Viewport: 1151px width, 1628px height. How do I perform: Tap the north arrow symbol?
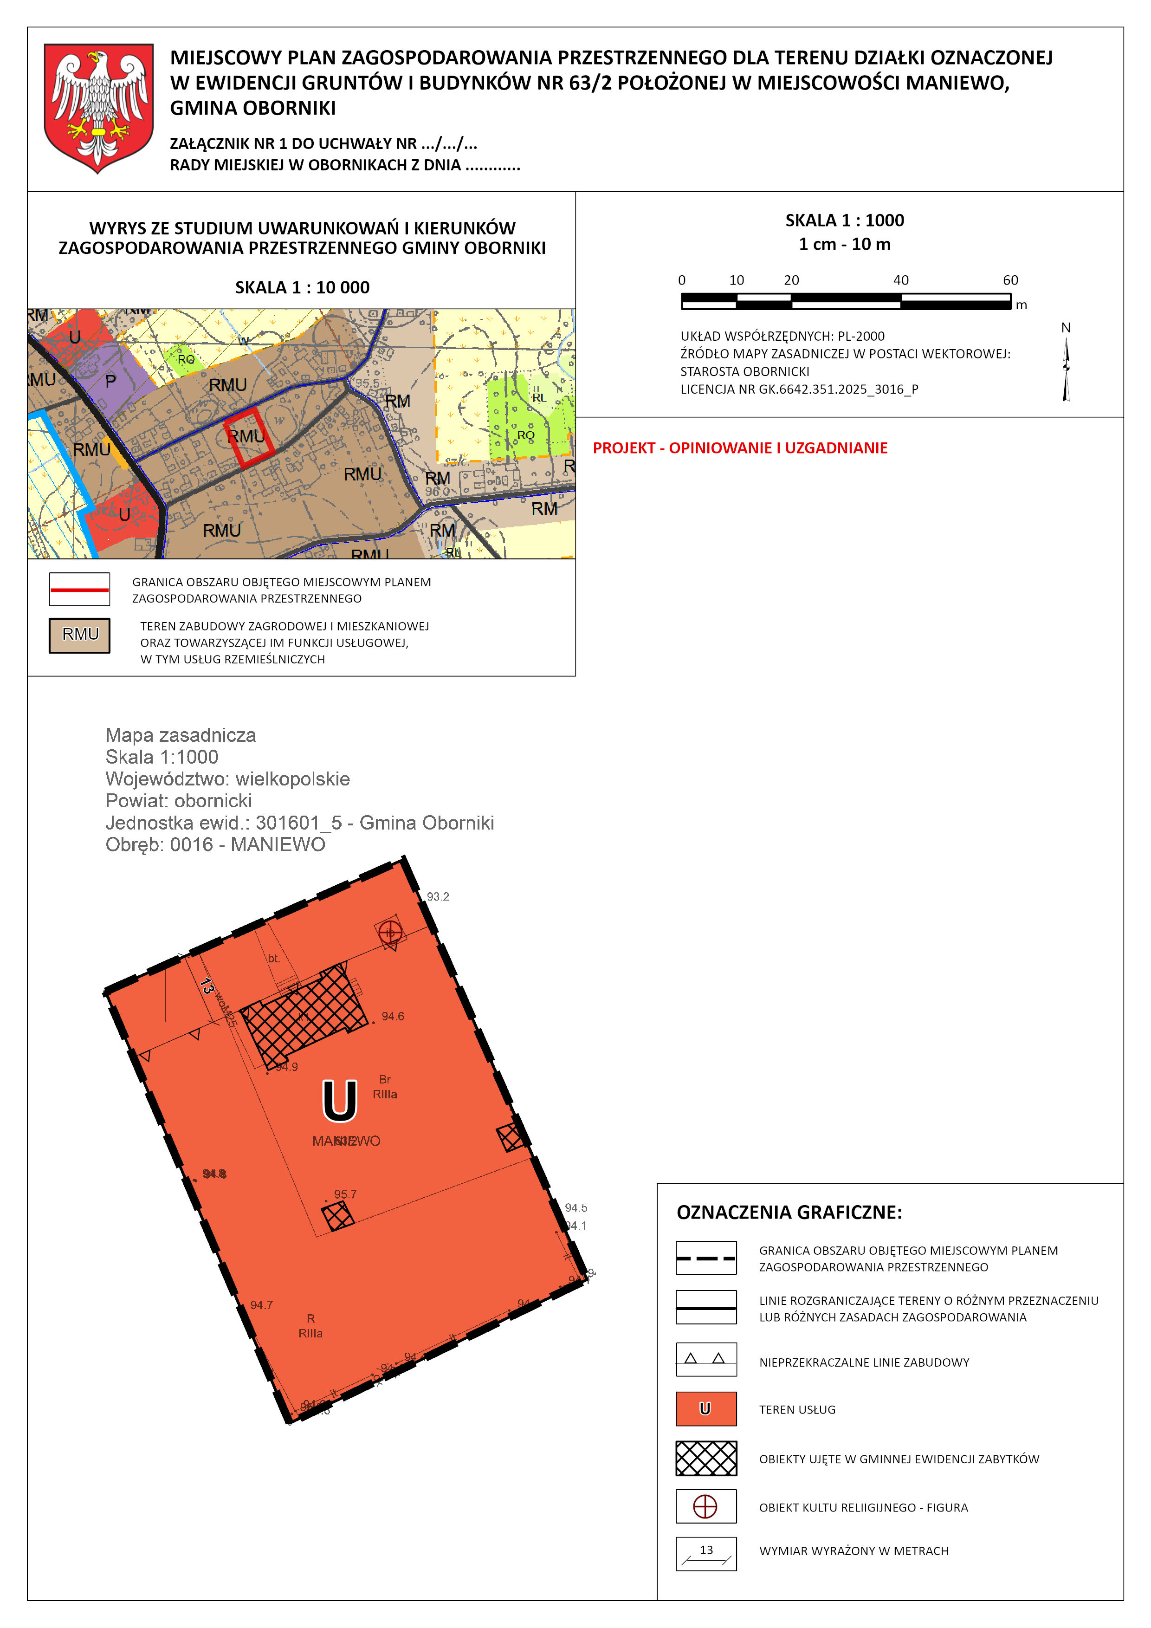point(1066,369)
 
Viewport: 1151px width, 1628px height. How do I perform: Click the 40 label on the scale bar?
point(901,280)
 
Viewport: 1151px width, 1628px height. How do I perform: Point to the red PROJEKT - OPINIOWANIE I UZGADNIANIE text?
point(740,448)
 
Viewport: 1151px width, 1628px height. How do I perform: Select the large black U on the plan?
point(339,1101)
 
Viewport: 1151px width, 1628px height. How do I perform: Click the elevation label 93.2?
point(438,897)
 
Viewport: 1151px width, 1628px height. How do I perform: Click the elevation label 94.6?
point(393,1017)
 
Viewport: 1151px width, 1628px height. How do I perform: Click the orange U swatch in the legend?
point(706,1409)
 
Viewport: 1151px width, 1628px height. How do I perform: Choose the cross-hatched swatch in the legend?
point(706,1459)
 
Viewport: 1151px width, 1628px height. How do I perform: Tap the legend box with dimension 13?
point(706,1554)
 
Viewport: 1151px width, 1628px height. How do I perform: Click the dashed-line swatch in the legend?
point(706,1258)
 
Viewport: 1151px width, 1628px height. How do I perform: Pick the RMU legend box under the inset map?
point(79,635)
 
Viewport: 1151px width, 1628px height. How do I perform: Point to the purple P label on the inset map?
point(110,382)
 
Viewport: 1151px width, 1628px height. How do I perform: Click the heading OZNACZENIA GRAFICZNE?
point(789,1213)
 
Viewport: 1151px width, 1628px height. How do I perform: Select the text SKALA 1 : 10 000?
point(302,287)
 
